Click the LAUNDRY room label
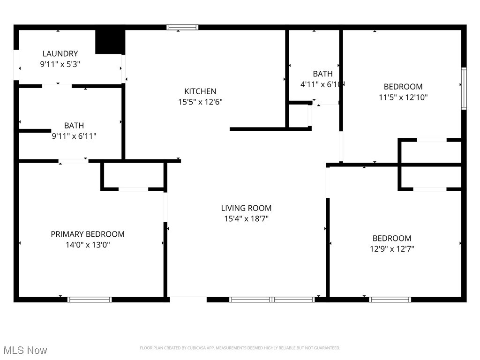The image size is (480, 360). (60, 54)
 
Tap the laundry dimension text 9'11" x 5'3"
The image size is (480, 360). (60, 65)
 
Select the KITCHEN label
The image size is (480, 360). (200, 91)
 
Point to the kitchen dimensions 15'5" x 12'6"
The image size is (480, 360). (200, 102)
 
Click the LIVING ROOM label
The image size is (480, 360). (246, 208)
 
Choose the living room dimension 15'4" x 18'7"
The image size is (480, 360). (246, 219)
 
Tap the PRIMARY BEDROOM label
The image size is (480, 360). (88, 234)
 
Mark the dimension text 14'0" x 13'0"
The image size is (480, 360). (88, 245)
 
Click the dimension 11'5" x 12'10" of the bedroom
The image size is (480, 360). (403, 97)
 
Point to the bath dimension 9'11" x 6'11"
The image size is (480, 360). (74, 136)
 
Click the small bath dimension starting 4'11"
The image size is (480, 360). (322, 85)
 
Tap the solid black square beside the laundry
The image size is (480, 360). (110, 42)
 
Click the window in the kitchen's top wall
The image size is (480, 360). (182, 27)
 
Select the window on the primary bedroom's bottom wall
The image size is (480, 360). (90, 299)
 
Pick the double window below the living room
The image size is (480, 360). (272, 299)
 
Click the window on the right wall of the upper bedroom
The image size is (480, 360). (464, 88)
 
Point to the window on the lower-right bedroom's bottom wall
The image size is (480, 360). (390, 299)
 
